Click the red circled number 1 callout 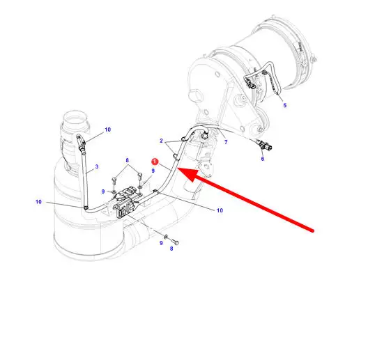[x=155, y=162]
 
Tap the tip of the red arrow [x=178, y=169]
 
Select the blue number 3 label [x=97, y=166]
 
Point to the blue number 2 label [x=161, y=141]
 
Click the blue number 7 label [x=226, y=142]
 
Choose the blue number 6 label [x=263, y=159]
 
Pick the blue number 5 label [x=285, y=105]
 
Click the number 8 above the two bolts [x=128, y=160]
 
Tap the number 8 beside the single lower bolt [x=171, y=249]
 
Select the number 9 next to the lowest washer [x=161, y=243]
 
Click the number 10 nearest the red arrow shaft [x=220, y=210]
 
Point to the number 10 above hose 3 [x=107, y=130]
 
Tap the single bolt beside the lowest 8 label [x=176, y=242]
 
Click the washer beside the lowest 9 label [x=166, y=237]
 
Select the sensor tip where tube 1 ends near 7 [x=205, y=134]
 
